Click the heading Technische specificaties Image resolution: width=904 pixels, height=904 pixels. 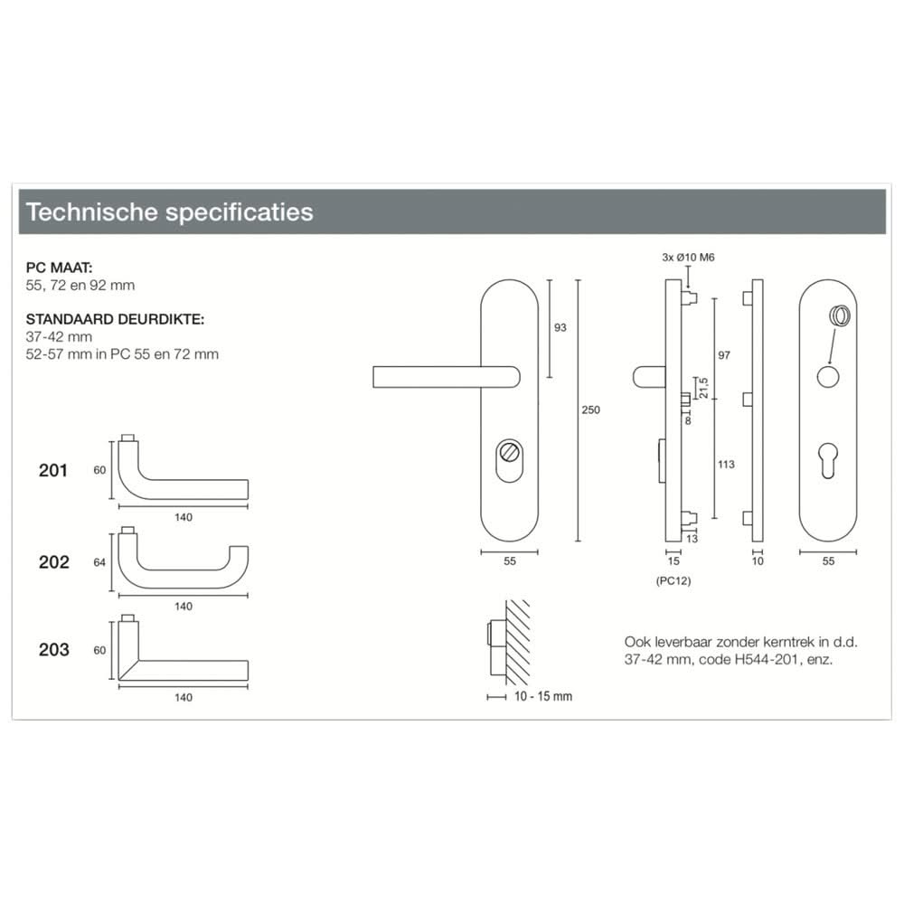point(170,212)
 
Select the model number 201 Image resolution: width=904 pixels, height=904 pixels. point(53,471)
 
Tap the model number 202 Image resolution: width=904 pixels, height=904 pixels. point(53,562)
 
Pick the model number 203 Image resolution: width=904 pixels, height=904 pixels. point(53,650)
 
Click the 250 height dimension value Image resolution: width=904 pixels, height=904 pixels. point(591,410)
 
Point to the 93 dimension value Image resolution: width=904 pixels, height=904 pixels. point(560,327)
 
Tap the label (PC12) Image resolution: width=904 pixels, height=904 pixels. point(673,581)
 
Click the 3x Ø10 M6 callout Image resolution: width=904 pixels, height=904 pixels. point(689,258)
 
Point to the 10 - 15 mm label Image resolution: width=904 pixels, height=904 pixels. point(542,697)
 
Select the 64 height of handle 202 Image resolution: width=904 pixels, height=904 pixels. point(99,562)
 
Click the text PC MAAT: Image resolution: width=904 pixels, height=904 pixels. point(60,268)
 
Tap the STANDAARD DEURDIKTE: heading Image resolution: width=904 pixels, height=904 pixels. point(115,319)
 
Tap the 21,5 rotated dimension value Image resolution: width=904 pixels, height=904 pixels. point(705,387)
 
